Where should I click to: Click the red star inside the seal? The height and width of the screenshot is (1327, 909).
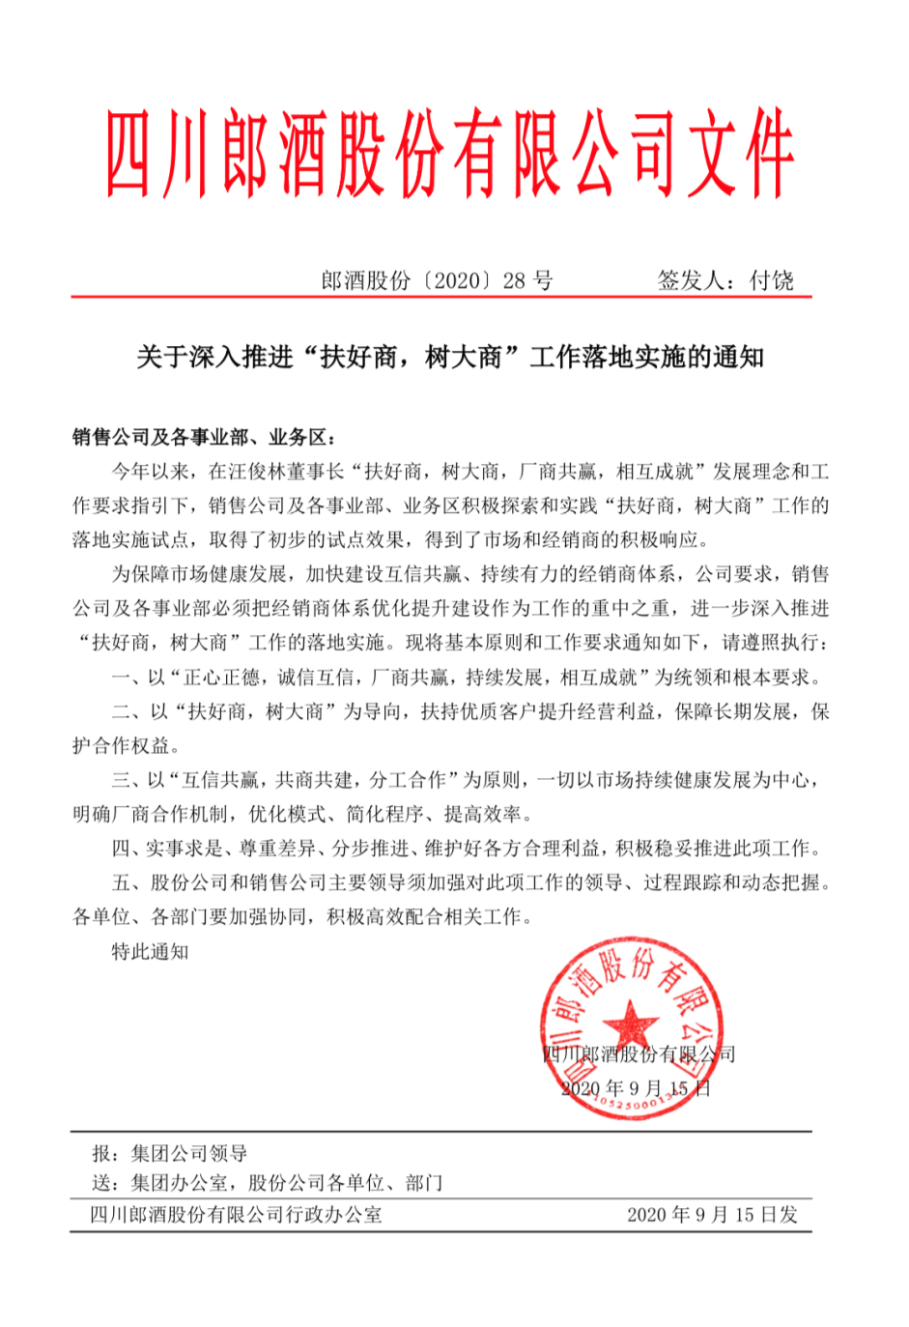click(x=630, y=1023)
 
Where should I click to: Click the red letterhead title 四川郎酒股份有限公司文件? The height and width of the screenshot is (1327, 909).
click(x=450, y=155)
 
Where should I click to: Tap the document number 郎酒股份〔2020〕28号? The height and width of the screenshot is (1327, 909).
click(x=437, y=280)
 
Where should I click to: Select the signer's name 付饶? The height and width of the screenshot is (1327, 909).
click(x=773, y=280)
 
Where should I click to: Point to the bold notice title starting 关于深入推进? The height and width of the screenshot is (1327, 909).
click(x=450, y=358)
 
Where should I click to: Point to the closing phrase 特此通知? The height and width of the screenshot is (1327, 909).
click(x=150, y=951)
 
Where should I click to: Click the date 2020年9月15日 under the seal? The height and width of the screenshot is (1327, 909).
click(x=636, y=1088)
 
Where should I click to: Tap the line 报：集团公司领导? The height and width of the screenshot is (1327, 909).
click(x=170, y=1153)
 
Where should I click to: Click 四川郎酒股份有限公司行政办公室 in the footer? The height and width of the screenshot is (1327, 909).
click(x=236, y=1215)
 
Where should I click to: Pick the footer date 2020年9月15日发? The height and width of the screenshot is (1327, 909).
click(x=712, y=1215)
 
